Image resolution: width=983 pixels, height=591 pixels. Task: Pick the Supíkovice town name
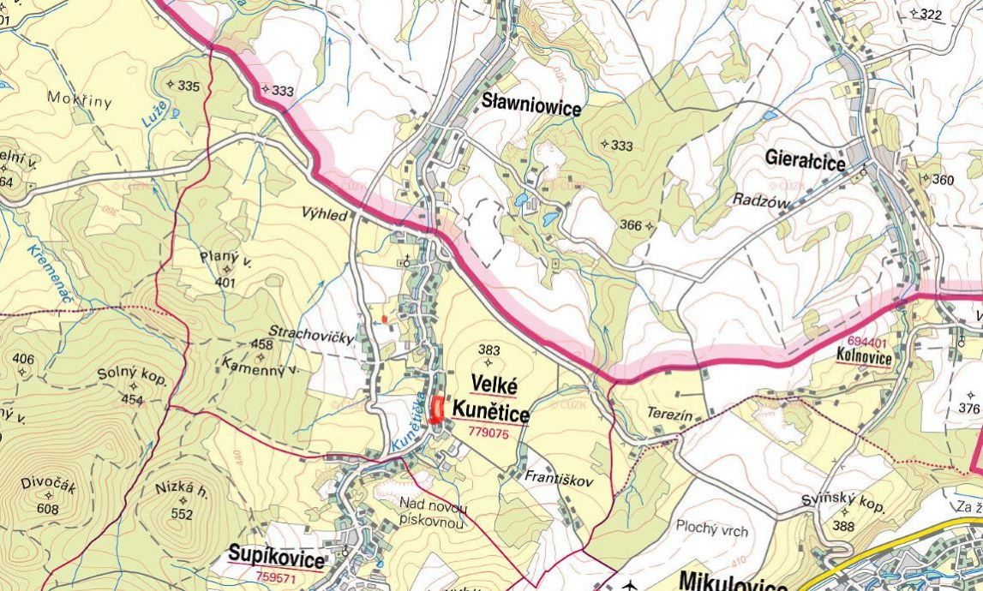click(277, 560)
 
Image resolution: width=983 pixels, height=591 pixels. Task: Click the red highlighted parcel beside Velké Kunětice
click(437, 409)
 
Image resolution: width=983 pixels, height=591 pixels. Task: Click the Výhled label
click(325, 215)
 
